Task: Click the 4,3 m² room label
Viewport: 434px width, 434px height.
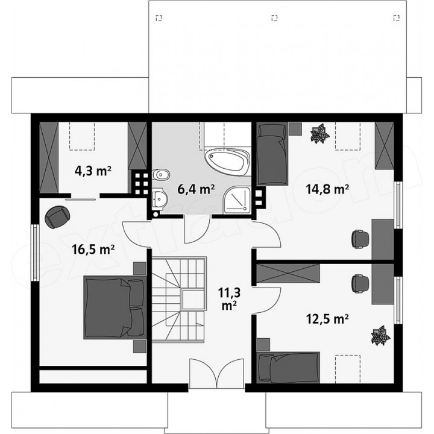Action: pyautogui.click(x=93, y=171)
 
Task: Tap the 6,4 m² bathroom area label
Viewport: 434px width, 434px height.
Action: pyautogui.click(x=197, y=190)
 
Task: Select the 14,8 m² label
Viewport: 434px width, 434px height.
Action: pyautogui.click(x=327, y=190)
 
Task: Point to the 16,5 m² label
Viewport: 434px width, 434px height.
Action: pyautogui.click(x=93, y=250)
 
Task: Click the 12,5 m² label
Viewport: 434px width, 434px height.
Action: pyautogui.click(x=327, y=319)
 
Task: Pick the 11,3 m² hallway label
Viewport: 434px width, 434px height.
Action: pyautogui.click(x=229, y=299)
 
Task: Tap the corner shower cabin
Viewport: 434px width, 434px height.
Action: pyautogui.click(x=237, y=200)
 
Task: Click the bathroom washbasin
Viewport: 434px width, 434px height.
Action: pyautogui.click(x=159, y=198)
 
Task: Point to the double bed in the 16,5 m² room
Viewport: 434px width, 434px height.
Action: pyautogui.click(x=115, y=307)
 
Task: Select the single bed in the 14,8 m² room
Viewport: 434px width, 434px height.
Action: pyautogui.click(x=272, y=154)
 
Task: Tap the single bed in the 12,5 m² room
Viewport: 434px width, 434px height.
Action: pyautogui.click(x=288, y=368)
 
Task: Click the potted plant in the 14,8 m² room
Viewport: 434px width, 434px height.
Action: pyautogui.click(x=319, y=133)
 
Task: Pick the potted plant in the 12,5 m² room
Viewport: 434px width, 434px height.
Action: pyautogui.click(x=380, y=336)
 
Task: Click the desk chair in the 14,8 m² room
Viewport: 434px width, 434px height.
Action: pyautogui.click(x=360, y=238)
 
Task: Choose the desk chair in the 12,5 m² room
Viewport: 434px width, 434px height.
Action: pyautogui.click(x=360, y=283)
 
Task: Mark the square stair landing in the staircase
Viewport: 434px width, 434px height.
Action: pyautogui.click(x=193, y=300)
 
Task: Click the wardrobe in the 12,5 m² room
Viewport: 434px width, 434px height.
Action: pyautogui.click(x=288, y=274)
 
